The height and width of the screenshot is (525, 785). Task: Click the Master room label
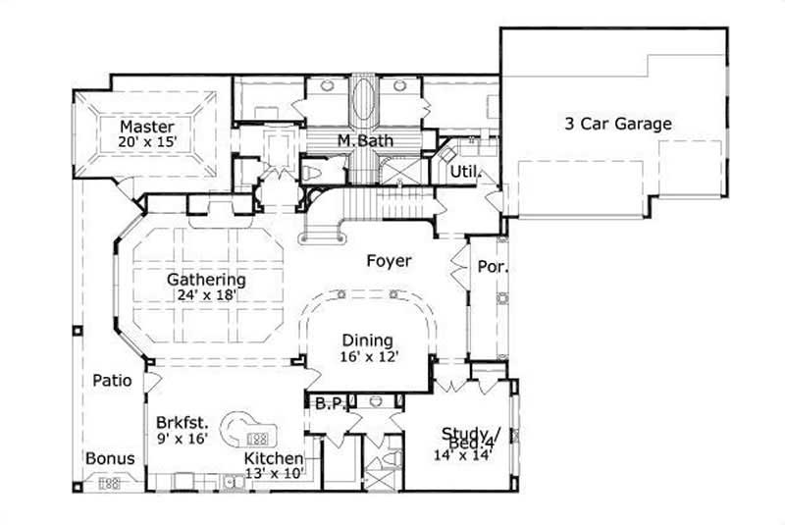click(x=147, y=128)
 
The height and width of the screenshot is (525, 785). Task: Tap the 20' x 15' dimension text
click(x=147, y=143)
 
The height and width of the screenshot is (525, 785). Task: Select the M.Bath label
click(x=366, y=141)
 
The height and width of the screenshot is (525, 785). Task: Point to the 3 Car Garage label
click(x=618, y=124)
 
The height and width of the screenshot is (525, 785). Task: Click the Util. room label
click(x=463, y=173)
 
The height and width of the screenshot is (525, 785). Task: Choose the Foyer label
click(x=389, y=261)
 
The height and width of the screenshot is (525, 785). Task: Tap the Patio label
click(x=113, y=381)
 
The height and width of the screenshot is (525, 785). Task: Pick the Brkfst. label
click(x=181, y=424)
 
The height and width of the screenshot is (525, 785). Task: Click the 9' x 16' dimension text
click(x=182, y=440)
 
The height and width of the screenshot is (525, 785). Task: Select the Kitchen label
click(x=273, y=457)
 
